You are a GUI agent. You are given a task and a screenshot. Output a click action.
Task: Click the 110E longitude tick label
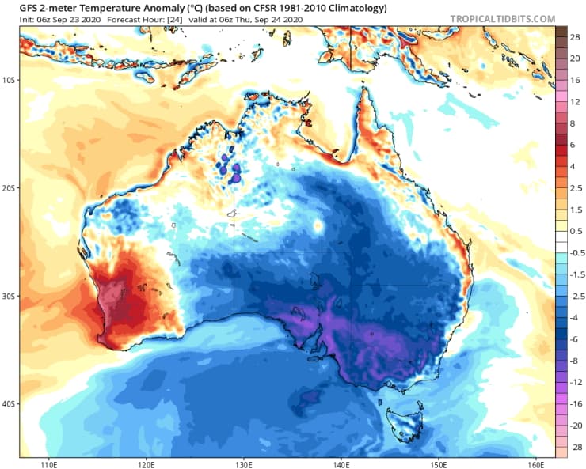coord(50,463)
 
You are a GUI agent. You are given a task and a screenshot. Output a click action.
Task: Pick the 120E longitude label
coord(146,463)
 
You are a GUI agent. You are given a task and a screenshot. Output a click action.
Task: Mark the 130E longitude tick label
coord(244,463)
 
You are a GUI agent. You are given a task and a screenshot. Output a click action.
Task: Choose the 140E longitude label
coord(341,463)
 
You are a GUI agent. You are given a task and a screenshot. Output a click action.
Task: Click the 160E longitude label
coord(535,463)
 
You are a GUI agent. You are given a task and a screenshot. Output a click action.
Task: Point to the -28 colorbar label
coord(574,448)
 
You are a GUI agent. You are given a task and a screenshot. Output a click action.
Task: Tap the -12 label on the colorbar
coord(574,382)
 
